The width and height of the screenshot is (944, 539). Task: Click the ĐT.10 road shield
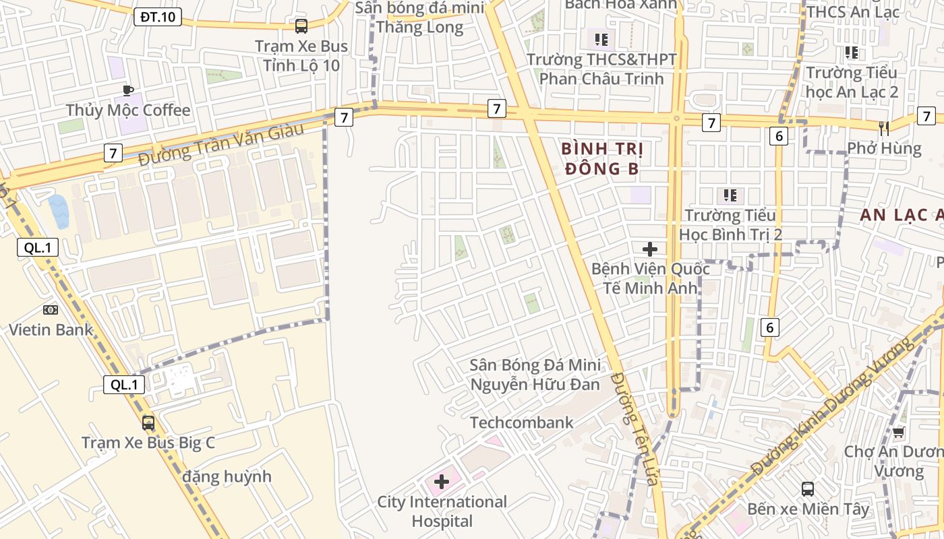pos(158,17)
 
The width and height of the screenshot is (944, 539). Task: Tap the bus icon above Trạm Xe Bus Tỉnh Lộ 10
pos(301,26)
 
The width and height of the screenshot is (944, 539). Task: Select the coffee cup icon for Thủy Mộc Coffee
pos(128,90)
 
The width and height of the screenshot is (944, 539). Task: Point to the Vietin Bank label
pos(51,330)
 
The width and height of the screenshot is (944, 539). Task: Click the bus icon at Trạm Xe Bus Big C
pos(148,423)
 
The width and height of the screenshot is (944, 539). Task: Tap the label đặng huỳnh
pos(227,476)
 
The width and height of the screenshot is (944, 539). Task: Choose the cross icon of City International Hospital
pos(442,482)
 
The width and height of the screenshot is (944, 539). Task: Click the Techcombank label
pos(521,422)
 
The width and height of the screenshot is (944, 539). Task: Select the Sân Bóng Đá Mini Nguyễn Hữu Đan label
pos(535,375)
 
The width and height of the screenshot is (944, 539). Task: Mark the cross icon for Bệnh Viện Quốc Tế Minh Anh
pos(650,249)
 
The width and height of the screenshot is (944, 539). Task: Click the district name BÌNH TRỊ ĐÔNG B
pos(602,158)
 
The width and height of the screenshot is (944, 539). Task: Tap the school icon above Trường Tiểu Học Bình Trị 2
pos(730,195)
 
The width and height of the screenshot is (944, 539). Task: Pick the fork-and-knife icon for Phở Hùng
pos(884,128)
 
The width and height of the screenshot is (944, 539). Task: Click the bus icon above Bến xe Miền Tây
pos(808,488)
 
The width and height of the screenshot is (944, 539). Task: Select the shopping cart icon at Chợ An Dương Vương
pos(898,432)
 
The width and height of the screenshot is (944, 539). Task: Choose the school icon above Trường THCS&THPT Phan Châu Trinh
pos(601,39)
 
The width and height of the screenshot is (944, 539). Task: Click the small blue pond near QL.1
pos(59,210)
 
